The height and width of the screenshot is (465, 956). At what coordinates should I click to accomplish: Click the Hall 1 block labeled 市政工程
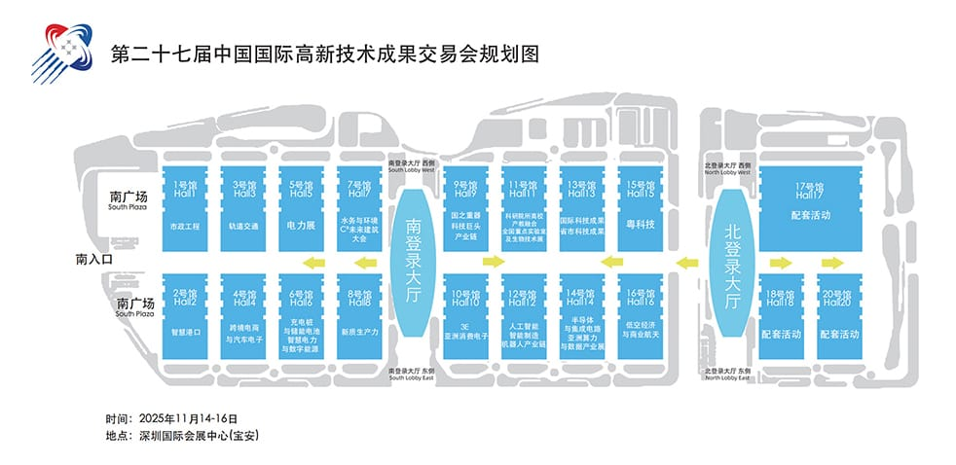[184, 207]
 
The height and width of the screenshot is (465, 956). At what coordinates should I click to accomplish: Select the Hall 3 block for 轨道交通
[243, 207]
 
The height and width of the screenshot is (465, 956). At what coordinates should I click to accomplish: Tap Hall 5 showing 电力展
[302, 207]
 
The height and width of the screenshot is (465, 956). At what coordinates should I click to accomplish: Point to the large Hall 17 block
[809, 207]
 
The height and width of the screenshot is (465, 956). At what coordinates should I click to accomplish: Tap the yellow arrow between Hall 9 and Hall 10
[492, 262]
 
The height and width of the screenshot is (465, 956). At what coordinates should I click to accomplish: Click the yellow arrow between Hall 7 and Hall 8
[366, 262]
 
